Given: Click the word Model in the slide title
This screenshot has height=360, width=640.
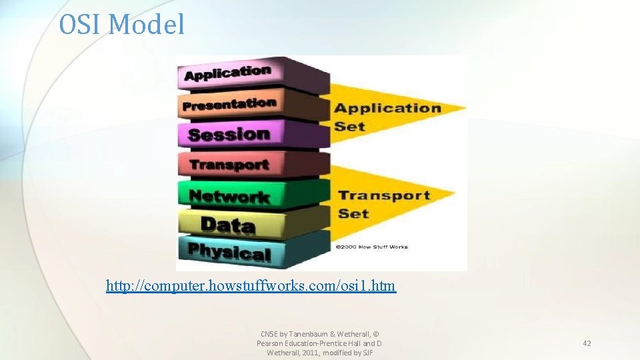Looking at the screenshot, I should tap(146, 25).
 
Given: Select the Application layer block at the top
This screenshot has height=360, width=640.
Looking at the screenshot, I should tap(228, 73).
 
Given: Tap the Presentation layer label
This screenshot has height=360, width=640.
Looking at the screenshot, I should tap(229, 105).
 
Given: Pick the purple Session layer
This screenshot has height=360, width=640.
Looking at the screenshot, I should tap(229, 134).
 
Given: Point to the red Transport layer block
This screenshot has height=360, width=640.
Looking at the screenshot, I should tap(229, 164).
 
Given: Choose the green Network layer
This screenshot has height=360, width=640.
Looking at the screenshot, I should tap(229, 196).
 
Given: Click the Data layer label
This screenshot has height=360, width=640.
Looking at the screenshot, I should tap(227, 225).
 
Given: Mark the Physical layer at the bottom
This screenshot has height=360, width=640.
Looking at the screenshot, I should tap(229, 252).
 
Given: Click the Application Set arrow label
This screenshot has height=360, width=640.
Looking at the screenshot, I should tap(387, 117).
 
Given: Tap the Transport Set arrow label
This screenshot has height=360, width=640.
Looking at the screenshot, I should tap(383, 203).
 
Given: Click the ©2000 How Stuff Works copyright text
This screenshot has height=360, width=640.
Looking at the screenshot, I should tap(371, 247).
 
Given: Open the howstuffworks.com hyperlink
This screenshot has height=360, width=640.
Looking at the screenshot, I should tap(251, 286).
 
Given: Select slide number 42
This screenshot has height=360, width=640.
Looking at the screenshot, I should tap(587, 343).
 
